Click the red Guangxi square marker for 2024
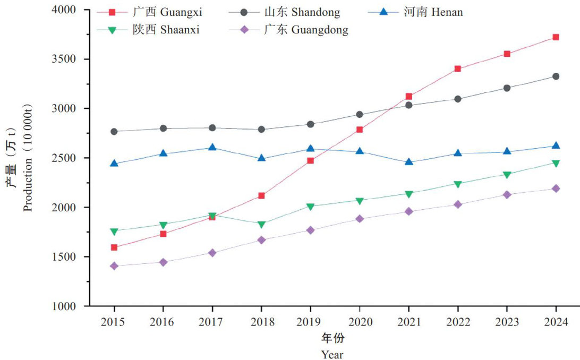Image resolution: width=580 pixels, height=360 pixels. [x=556, y=37]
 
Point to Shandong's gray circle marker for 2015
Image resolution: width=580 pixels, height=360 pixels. [x=114, y=131]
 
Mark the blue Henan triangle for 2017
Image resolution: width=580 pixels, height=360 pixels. [x=212, y=147]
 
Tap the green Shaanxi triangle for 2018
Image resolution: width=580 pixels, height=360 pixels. [x=261, y=225]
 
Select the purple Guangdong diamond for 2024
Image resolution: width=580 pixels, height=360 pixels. [x=556, y=188]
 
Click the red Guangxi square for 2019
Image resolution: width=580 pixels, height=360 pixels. [x=310, y=160]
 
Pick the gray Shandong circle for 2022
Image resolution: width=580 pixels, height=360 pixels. [x=457, y=99]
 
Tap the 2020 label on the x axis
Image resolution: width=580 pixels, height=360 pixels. [x=360, y=322]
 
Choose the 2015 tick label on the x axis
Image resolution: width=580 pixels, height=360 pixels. [x=114, y=322]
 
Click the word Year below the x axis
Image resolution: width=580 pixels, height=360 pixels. [x=332, y=354]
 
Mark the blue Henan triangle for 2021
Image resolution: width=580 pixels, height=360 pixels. [x=408, y=161]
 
